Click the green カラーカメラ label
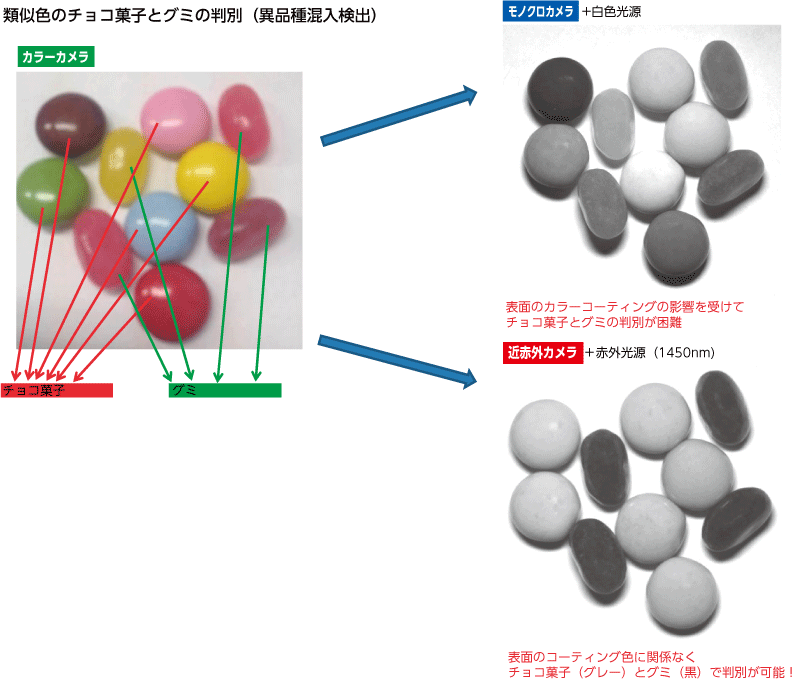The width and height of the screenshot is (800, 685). click(56, 57)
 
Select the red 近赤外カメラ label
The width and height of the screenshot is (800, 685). click(542, 352)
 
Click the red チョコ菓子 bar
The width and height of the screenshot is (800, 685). click(57, 390)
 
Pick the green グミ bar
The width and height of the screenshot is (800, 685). click(225, 390)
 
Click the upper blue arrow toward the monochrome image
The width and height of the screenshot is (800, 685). click(399, 117)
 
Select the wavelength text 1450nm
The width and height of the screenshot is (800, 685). click(690, 353)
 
